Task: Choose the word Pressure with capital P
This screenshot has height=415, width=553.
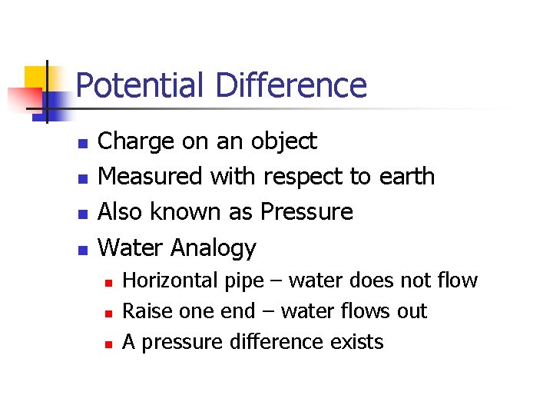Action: pos(307,212)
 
